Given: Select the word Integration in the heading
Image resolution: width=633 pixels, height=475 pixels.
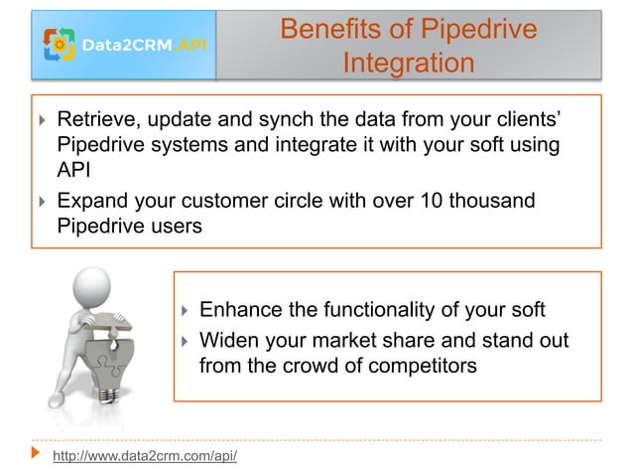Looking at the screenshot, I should (408, 64).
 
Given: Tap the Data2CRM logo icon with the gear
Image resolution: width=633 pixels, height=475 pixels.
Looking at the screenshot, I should (61, 44).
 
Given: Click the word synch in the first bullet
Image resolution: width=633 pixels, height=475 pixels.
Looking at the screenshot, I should (309, 121).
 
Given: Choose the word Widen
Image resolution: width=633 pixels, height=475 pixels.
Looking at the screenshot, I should (230, 342).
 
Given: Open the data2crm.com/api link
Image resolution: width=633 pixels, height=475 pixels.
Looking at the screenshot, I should (144, 457).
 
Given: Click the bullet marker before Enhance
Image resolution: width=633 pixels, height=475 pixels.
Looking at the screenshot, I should (186, 311).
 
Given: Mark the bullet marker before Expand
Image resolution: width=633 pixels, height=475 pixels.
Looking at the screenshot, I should (43, 203).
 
